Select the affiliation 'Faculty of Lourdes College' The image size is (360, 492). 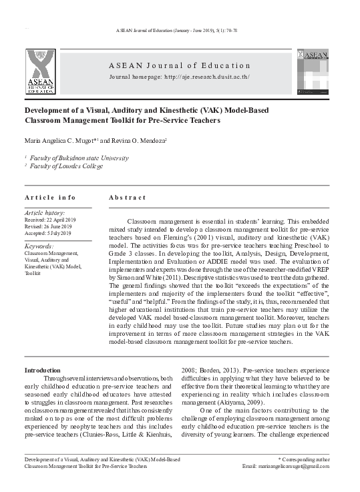[x=67, y=166]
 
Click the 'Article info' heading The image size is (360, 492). [x=50, y=198]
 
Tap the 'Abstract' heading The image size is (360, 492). [x=127, y=198]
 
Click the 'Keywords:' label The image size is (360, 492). [x=39, y=246]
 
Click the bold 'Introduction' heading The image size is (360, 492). [x=43, y=370]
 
